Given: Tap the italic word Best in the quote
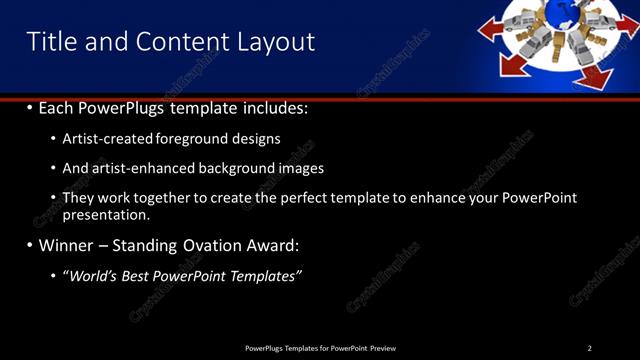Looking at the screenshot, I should [x=136, y=275].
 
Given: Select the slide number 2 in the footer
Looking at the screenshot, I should [x=589, y=348].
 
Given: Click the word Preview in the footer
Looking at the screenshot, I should [x=382, y=348].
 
